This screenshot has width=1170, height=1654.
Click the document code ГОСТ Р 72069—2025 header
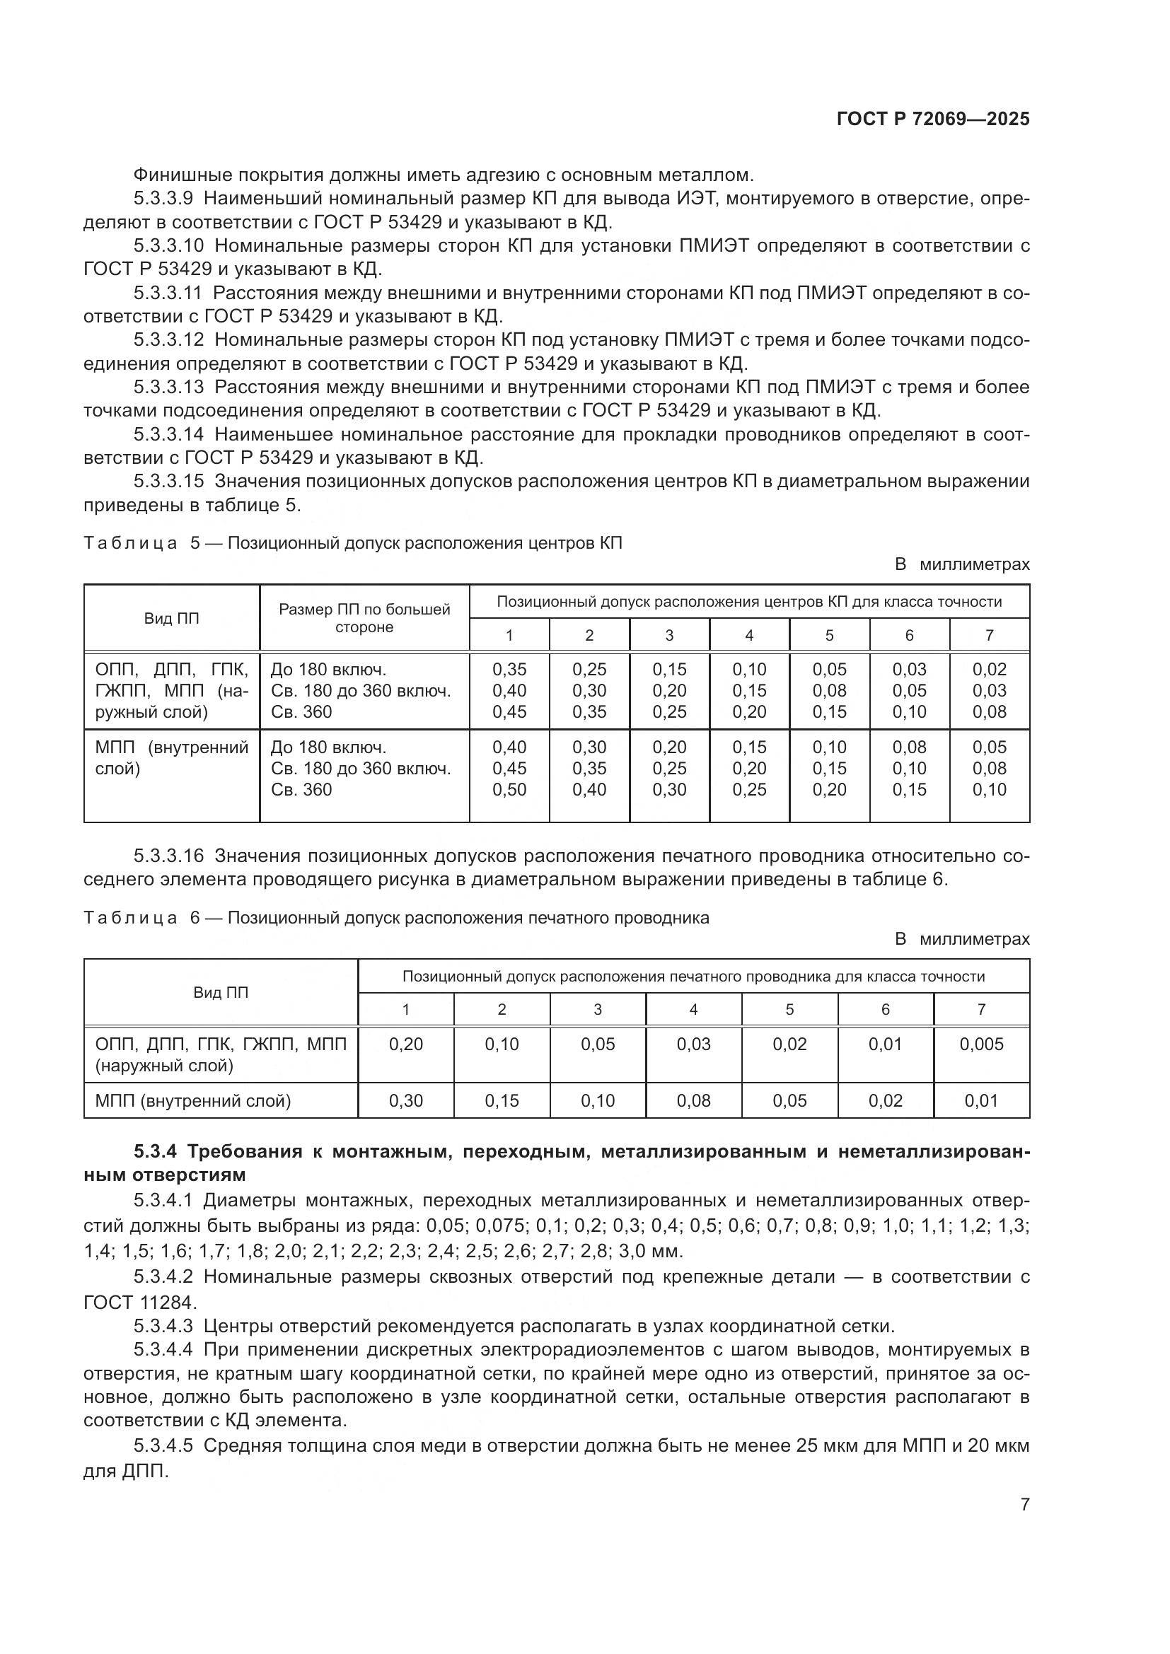932,119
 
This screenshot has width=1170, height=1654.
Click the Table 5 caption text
352,543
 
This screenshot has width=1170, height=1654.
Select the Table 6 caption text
395,918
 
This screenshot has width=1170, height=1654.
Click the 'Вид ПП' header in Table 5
171,618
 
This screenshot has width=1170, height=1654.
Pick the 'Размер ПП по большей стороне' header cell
364,618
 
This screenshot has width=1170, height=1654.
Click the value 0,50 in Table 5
509,790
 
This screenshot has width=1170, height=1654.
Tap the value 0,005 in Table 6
980,1044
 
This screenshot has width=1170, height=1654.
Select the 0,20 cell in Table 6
405,1044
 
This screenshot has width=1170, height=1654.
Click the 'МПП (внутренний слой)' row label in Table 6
192,1101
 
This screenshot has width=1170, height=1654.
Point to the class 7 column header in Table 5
989,634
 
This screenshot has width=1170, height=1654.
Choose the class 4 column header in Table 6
693,1009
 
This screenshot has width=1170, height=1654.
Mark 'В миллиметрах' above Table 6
962,939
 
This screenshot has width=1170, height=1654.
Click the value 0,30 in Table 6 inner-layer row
405,1101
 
